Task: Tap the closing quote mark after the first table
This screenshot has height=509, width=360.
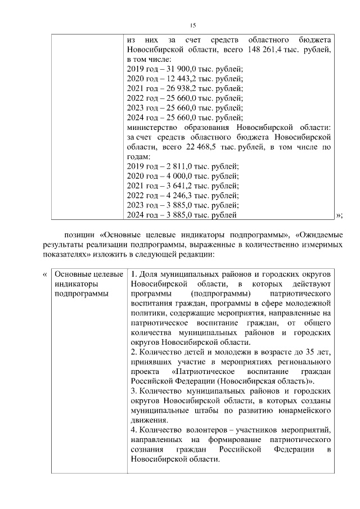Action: click(x=339, y=215)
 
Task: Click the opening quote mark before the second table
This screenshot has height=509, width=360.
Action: click(x=45, y=274)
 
